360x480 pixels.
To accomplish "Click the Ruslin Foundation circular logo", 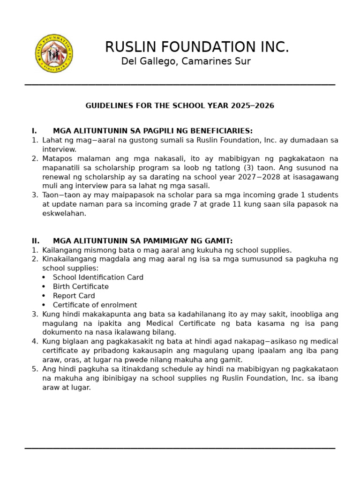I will [54, 53].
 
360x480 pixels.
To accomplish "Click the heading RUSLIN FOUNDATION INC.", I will [197, 47].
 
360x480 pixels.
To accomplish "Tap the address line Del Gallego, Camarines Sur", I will [186, 61].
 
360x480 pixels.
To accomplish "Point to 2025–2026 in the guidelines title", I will [252, 106].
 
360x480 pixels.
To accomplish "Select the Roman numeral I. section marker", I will [34, 131].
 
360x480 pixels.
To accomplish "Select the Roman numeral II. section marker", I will [36, 241].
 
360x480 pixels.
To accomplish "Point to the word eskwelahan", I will [64, 213].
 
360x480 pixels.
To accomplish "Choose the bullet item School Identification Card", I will [98, 277].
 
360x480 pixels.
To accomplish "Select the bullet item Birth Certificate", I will [81, 286].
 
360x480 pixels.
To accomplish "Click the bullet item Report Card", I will [74, 296].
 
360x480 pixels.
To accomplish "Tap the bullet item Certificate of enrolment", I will [95, 305].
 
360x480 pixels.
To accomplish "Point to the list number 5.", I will [35, 369].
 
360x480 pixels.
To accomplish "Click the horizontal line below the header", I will [180, 85].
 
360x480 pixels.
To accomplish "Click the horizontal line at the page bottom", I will [180, 449].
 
